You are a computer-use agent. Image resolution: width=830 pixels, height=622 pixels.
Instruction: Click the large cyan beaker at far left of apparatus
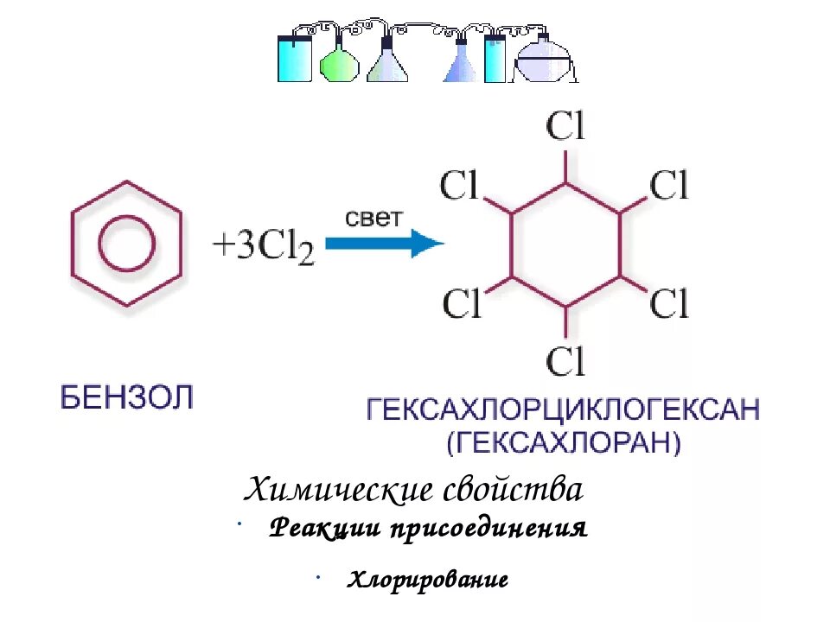point(295,58)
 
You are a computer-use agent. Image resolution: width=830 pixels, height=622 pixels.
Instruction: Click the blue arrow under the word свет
point(384,244)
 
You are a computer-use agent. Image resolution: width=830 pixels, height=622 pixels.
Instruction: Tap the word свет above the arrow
point(373,217)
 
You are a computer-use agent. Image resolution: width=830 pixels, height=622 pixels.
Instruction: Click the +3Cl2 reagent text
point(264,246)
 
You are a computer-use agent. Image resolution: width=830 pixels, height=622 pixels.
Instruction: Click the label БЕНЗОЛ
point(128,398)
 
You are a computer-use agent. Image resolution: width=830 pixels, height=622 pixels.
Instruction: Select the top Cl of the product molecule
point(565,128)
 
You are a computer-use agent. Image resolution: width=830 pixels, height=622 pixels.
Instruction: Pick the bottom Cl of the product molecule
point(565,359)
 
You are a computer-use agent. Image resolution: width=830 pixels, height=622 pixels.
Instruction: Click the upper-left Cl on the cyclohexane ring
point(460,185)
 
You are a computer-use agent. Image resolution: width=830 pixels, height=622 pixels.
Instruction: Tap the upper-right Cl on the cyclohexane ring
point(669,185)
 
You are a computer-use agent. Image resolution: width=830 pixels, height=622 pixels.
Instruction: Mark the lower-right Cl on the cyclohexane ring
point(669,303)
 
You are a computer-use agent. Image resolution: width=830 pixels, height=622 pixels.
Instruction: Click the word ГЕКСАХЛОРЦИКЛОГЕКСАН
point(564,409)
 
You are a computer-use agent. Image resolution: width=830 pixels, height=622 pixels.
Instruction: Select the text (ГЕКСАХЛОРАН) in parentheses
point(564,443)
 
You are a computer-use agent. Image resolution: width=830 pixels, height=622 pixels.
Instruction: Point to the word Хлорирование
point(427,580)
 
